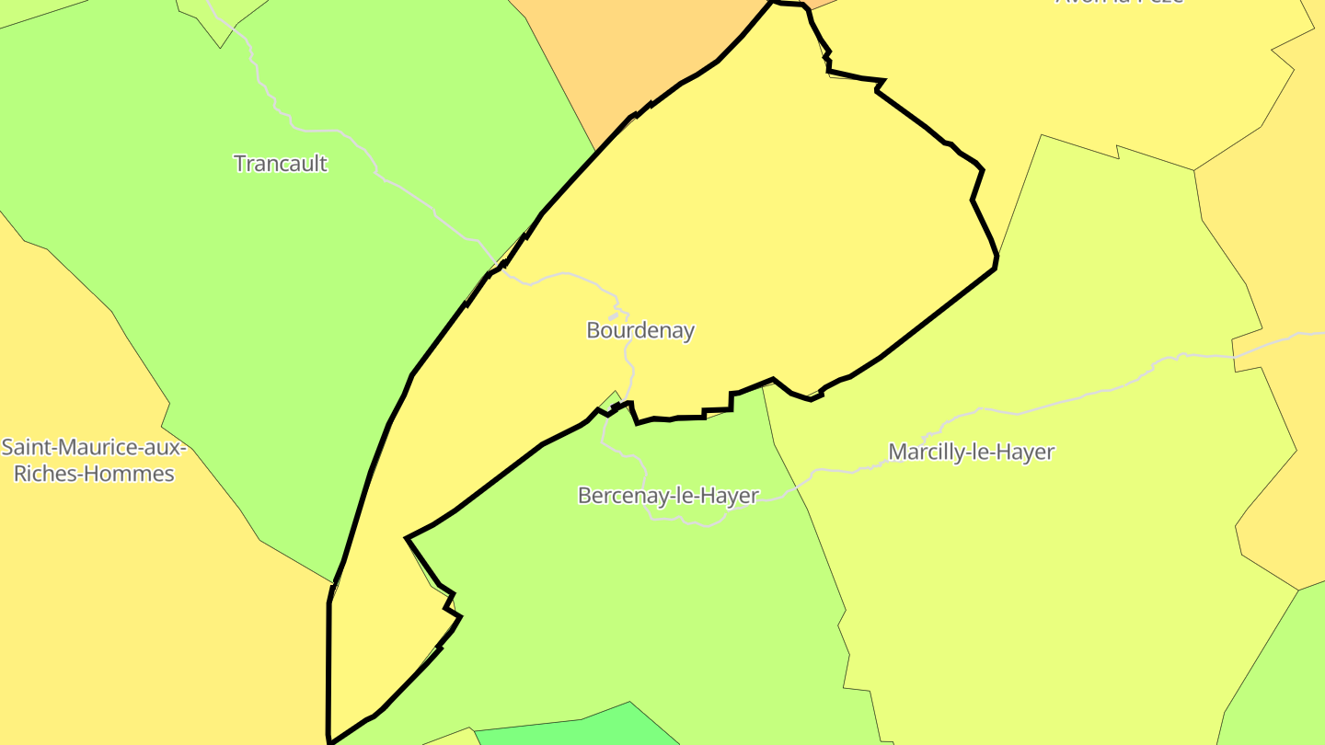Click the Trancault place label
pyautogui.click(x=281, y=164)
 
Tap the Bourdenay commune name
pyautogui.click(x=640, y=330)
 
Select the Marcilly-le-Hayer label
pyautogui.click(x=971, y=452)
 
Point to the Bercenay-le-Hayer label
pyautogui.click(x=668, y=496)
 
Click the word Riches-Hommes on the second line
pyautogui.click(x=94, y=475)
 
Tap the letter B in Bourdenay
pyautogui.click(x=593, y=330)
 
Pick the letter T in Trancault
pyautogui.click(x=239, y=164)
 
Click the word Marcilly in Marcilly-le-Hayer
pyautogui.click(x=921, y=452)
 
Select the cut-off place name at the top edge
pyautogui.click(x=1118, y=2)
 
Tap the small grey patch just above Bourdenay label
pyautogui.click(x=614, y=316)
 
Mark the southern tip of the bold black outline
pyautogui.click(x=329, y=740)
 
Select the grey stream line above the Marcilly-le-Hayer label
pyautogui.click(x=1058, y=403)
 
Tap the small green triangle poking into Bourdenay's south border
pyautogui.click(x=612, y=400)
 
